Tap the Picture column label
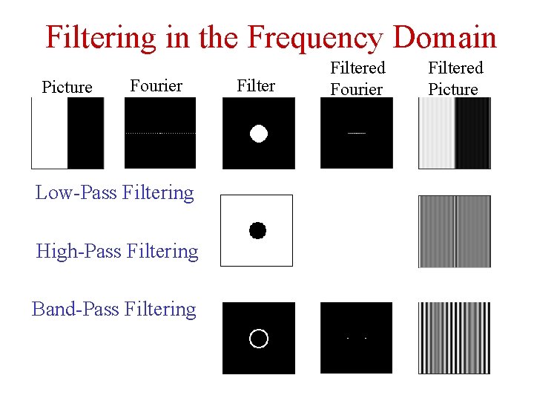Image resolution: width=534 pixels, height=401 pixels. click(67, 88)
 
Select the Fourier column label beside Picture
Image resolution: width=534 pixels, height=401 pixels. click(156, 86)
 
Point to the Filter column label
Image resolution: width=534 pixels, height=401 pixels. click(256, 86)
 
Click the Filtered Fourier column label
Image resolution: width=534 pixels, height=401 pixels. click(357, 79)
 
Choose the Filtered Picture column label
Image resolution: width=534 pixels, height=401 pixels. click(455, 79)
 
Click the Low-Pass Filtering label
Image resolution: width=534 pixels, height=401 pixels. click(114, 193)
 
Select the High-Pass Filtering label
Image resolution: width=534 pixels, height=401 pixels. click(117, 252)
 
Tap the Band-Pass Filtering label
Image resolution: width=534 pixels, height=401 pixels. click(114, 309)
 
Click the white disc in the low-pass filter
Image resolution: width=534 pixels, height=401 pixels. click(258, 134)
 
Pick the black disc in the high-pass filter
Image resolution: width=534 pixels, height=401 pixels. click(257, 230)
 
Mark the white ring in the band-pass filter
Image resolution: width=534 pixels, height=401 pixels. click(258, 338)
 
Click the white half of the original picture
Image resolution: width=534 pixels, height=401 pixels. click(50, 134)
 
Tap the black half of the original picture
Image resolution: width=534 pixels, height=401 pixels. click(86, 134)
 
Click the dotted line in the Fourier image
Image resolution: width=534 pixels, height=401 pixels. click(160, 133)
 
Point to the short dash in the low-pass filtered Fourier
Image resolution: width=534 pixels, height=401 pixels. click(357, 133)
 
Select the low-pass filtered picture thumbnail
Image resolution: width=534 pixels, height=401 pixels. click(454, 134)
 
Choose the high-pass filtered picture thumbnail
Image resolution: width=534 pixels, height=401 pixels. click(454, 231)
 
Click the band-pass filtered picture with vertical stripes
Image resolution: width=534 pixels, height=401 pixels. click(454, 337)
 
